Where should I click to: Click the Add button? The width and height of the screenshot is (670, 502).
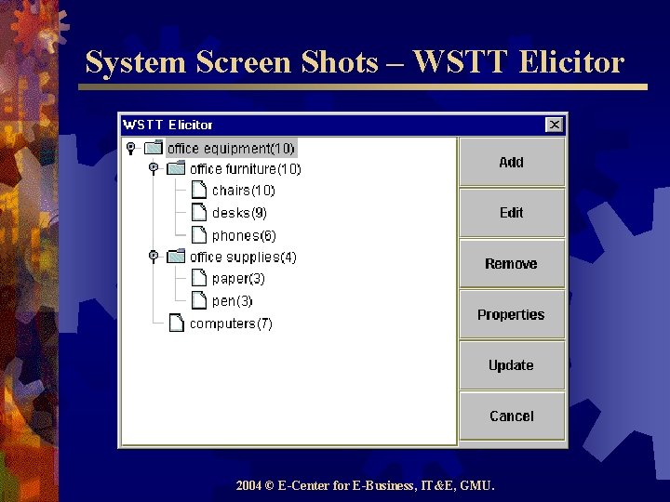pyautogui.click(x=511, y=163)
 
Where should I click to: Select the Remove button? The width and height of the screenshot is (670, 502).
pyautogui.click(x=511, y=264)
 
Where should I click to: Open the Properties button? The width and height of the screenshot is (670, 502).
pyautogui.click(x=511, y=315)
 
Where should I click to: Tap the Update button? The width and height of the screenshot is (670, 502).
pyautogui.click(x=511, y=365)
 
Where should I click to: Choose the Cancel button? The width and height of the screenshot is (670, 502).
pyautogui.click(x=511, y=416)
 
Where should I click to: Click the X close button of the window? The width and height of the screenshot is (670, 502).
pyautogui.click(x=555, y=125)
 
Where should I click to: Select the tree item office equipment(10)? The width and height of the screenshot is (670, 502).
pyautogui.click(x=231, y=148)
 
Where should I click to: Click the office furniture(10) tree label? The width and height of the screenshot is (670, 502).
pyautogui.click(x=246, y=169)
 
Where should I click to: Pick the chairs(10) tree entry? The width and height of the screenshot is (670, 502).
pyautogui.click(x=244, y=191)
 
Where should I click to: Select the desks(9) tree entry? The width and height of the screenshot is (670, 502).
pyautogui.click(x=239, y=213)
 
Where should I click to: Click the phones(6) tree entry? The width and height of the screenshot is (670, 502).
pyautogui.click(x=244, y=235)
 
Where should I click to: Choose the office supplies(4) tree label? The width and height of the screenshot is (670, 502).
pyautogui.click(x=243, y=257)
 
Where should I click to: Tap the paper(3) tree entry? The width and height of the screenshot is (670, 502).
pyautogui.click(x=238, y=279)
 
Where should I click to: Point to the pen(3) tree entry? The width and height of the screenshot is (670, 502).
pyautogui.click(x=233, y=301)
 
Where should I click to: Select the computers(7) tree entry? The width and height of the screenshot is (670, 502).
pyautogui.click(x=231, y=324)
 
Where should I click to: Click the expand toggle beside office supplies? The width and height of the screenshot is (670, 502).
pyautogui.click(x=154, y=257)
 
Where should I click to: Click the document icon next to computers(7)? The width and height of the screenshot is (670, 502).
pyautogui.click(x=176, y=324)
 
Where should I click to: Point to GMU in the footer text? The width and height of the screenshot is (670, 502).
pyautogui.click(x=478, y=485)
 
